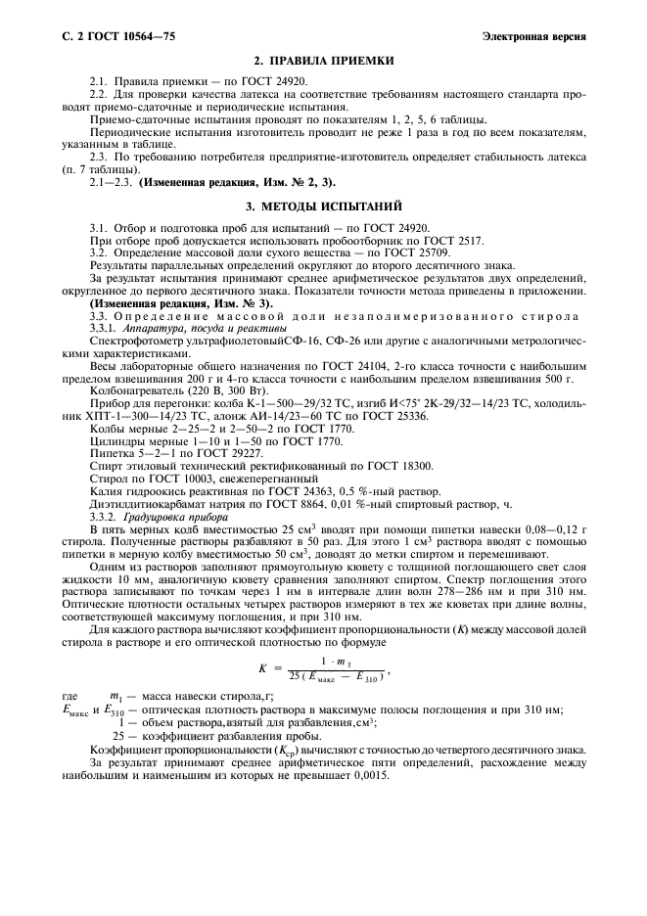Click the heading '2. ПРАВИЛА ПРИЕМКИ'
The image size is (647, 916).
pyautogui.click(x=324, y=61)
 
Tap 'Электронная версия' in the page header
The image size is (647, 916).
pyautogui.click(x=535, y=37)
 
